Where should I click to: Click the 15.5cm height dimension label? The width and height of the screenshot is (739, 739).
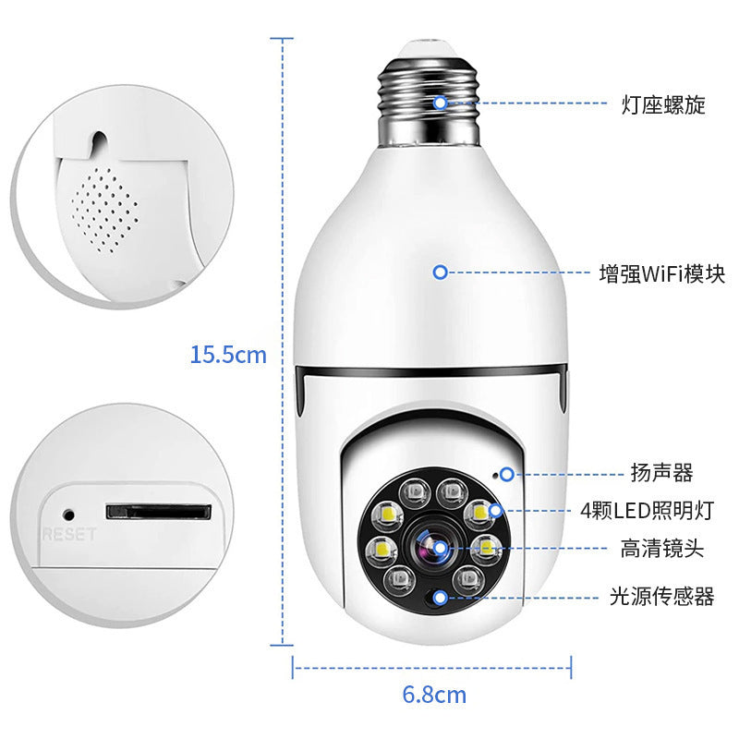coord(228,354)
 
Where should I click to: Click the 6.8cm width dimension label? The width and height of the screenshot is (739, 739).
coord(434,694)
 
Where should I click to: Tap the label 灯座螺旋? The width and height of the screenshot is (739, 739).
coord(662,104)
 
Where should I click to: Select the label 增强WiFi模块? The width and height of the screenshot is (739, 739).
coord(660,273)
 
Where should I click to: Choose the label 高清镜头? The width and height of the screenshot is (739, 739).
coord(661,549)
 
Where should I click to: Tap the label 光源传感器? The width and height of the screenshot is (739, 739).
coord(661,597)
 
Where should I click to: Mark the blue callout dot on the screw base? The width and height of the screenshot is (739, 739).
coord(441,103)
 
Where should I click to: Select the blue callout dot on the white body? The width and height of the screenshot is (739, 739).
coord(441,273)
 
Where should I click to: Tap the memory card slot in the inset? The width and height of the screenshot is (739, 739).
coord(159,511)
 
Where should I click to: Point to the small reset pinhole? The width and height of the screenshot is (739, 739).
coord(67,511)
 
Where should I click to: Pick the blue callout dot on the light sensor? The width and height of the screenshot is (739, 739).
coord(441,597)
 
